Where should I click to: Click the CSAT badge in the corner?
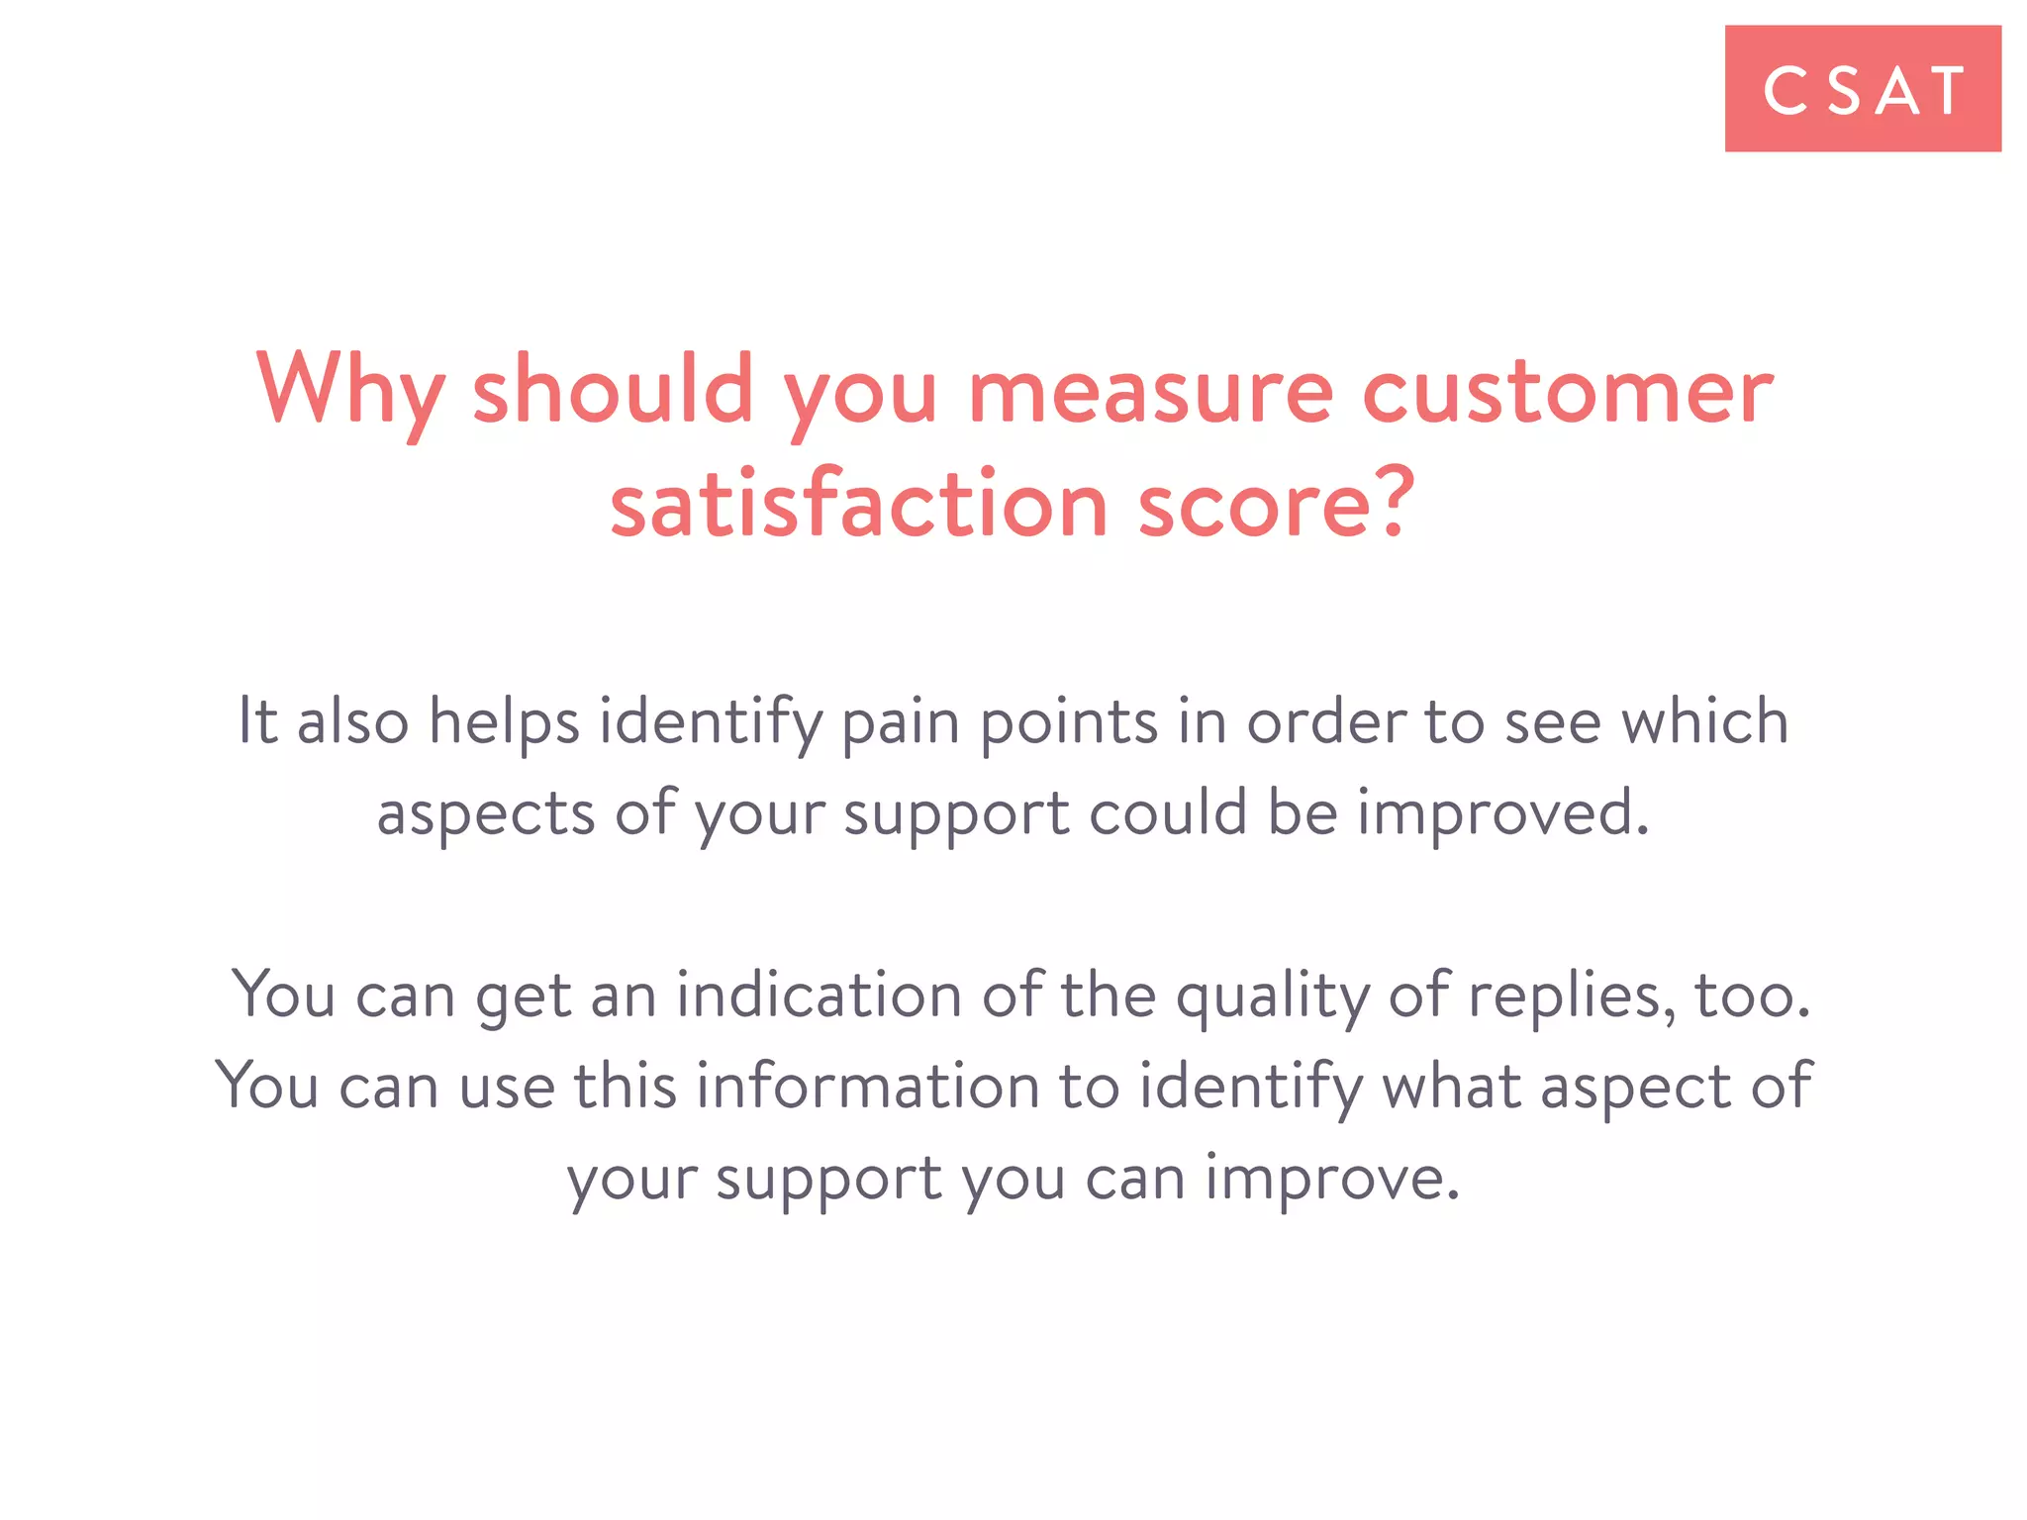(1862, 89)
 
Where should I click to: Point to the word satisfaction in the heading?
(858, 505)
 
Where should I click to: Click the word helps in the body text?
(504, 721)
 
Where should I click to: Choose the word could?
(1168, 812)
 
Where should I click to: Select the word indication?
(819, 996)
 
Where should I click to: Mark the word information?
(868, 1087)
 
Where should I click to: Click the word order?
(1326, 721)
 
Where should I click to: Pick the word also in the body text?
(352, 721)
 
